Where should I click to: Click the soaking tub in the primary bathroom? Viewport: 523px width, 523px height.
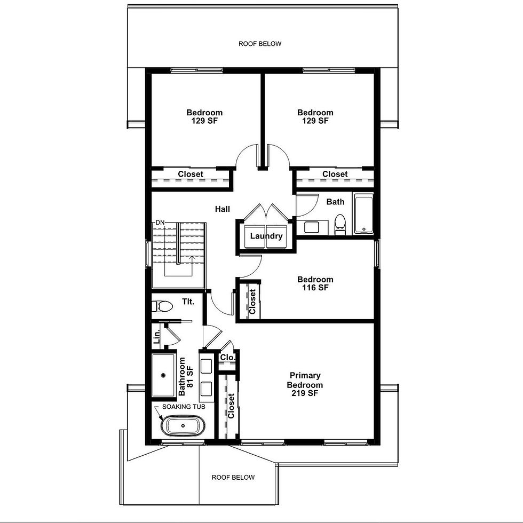pos(183,426)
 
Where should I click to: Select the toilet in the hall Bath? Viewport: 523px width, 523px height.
pos(340,225)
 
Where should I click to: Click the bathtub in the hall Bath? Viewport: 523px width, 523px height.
pos(363,215)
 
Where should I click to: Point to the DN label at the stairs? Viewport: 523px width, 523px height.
pos(160,222)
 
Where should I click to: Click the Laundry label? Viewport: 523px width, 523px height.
pos(266,236)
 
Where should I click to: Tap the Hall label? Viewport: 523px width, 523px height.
pos(223,209)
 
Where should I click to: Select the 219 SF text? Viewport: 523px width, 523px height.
pos(305,393)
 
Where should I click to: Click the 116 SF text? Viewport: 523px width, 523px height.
pos(315,288)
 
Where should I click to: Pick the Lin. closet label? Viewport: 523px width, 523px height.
pos(157,337)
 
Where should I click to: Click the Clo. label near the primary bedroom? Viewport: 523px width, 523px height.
pos(228,358)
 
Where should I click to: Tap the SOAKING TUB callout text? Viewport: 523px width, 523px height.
pos(184,407)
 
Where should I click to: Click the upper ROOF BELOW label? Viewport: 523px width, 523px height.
pos(260,44)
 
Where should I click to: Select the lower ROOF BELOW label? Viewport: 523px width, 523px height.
pos(233,477)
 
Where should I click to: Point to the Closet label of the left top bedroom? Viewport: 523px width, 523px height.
pos(191,174)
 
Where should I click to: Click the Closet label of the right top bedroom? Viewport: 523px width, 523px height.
pos(335,174)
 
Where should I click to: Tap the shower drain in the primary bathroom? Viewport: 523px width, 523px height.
pos(163,375)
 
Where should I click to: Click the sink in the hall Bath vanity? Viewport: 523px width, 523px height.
pos(312,227)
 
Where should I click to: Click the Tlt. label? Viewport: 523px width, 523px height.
pos(188,302)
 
